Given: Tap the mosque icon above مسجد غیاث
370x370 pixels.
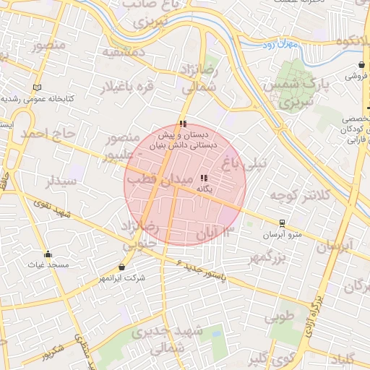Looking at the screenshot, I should tap(48, 254).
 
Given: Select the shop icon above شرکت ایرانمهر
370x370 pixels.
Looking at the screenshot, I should tap(120, 267).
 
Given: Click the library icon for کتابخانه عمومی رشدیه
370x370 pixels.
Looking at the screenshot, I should tap(38, 87).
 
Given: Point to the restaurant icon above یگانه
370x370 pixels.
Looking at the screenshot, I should tap(204, 177).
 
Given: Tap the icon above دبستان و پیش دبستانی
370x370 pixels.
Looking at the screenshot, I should tap(182, 124).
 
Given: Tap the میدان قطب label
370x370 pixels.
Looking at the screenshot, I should tap(160, 178).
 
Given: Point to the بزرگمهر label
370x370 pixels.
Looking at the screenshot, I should tap(268, 257).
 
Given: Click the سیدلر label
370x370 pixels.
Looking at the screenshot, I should tap(61, 181).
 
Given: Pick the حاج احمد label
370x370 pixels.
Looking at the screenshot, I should tap(48, 134).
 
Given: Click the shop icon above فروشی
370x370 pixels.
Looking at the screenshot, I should tap(361, 65).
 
